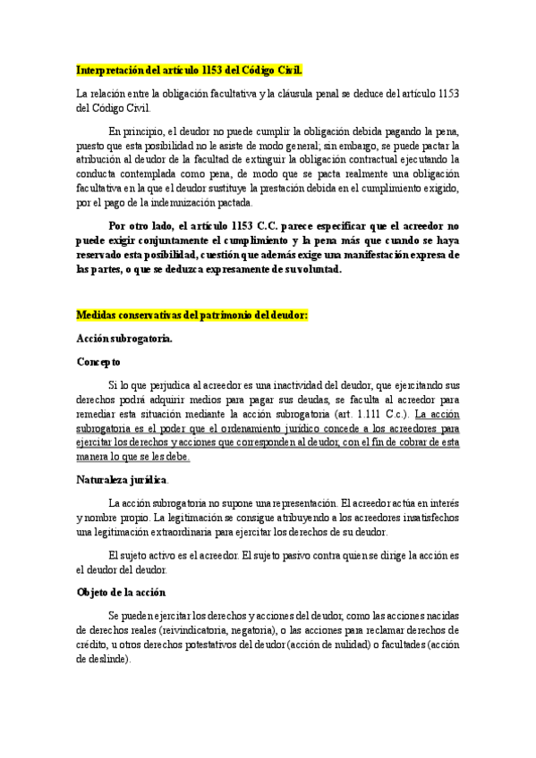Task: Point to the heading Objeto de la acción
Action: coord(121,592)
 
